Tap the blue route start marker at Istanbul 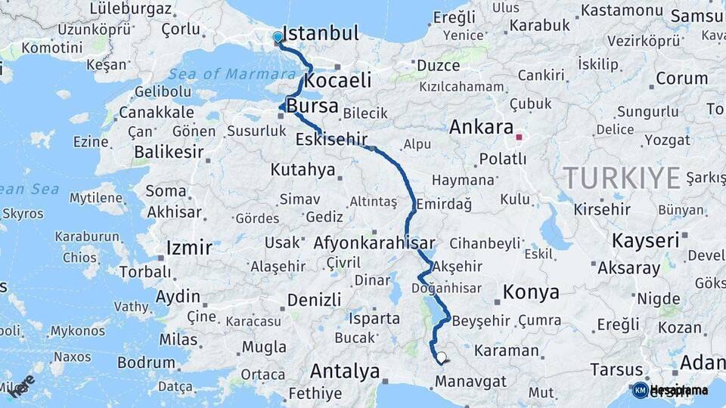(278, 37)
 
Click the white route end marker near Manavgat (441, 358)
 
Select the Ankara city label (481, 127)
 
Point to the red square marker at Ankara (519, 138)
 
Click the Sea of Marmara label (231, 74)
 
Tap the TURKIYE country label (622, 178)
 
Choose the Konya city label (532, 292)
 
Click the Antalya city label (345, 372)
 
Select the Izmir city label (189, 249)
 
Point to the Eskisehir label (331, 139)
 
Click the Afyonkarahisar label (374, 243)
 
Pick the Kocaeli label (339, 80)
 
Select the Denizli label (314, 300)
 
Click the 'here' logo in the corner (21, 386)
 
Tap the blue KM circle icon (640, 390)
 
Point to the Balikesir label (169, 152)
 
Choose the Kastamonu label (622, 11)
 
